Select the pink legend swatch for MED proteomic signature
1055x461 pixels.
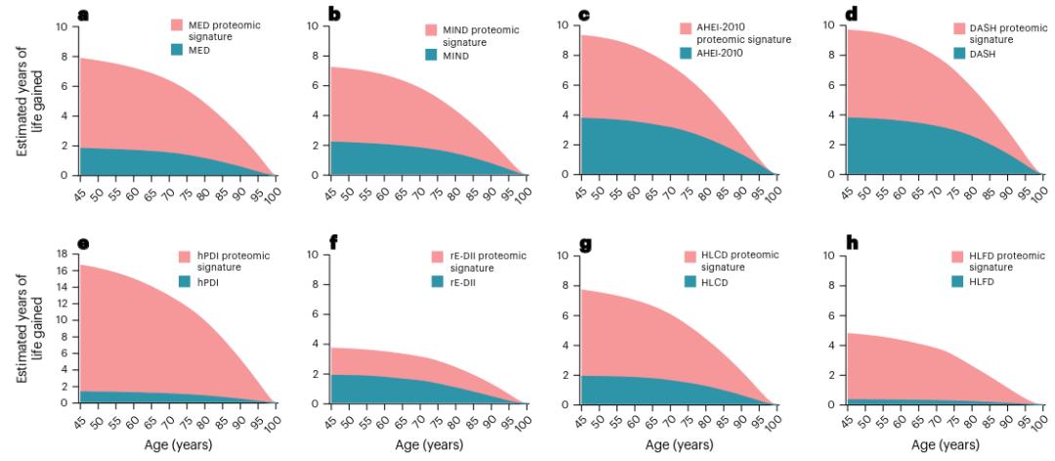click(177, 24)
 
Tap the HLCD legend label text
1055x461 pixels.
click(719, 282)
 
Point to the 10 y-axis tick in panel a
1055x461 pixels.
click(64, 26)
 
